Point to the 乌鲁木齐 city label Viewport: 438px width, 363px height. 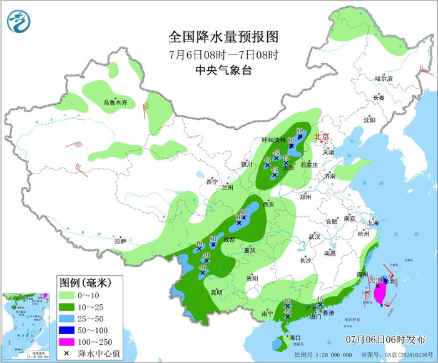click(x=115, y=102)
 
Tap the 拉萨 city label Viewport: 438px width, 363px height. click(x=120, y=240)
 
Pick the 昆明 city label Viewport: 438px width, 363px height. click(x=216, y=292)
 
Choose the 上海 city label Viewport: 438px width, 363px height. click(x=374, y=222)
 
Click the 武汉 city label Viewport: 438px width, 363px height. click(x=314, y=237)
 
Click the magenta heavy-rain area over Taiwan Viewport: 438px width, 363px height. click(x=379, y=292)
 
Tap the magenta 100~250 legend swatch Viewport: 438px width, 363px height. click(x=67, y=342)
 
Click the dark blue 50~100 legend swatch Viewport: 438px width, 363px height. click(x=67, y=330)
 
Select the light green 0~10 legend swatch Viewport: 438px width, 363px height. click(x=67, y=294)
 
